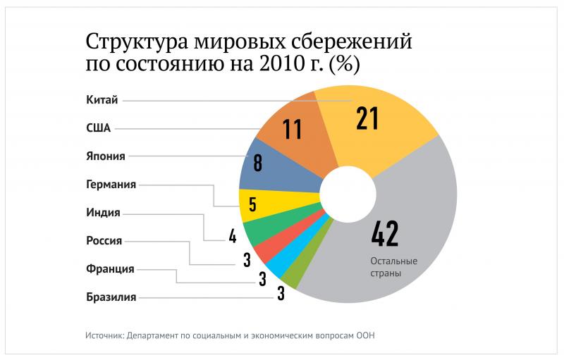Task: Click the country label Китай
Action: (x=104, y=101)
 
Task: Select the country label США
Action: (x=99, y=129)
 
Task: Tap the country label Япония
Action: (x=107, y=156)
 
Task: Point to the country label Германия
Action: (x=111, y=185)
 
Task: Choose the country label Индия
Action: (x=104, y=213)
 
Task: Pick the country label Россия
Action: (x=104, y=241)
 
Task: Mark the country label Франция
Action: (x=109, y=268)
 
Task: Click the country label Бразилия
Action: (x=111, y=297)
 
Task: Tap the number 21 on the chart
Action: (x=367, y=118)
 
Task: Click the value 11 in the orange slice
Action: (x=292, y=129)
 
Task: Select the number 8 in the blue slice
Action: (x=257, y=163)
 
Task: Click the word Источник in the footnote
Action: (x=103, y=335)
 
